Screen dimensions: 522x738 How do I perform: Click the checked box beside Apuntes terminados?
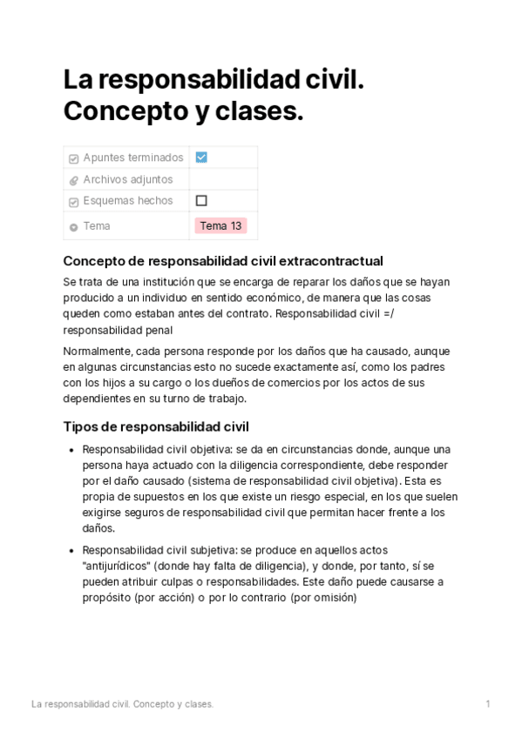click(x=201, y=158)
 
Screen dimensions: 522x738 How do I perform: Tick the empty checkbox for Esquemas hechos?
click(x=201, y=200)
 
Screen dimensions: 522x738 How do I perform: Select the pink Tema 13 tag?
click(x=220, y=225)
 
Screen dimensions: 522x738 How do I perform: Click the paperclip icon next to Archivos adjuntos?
click(x=74, y=180)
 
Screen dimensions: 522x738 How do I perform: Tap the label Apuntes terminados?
click(x=133, y=158)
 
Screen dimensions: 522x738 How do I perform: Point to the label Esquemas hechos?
click(x=128, y=200)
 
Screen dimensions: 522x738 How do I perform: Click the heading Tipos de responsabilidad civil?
click(x=156, y=426)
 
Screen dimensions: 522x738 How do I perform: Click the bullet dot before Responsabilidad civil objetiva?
click(x=71, y=450)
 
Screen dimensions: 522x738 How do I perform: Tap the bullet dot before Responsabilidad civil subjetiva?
click(x=71, y=551)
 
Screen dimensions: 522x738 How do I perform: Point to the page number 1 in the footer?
click(x=488, y=703)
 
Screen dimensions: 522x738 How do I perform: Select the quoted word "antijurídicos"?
click(x=120, y=566)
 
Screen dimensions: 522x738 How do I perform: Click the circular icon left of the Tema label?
click(x=74, y=226)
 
